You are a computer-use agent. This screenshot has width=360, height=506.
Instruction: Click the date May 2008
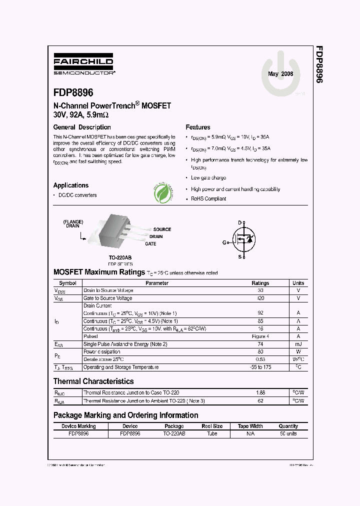280,74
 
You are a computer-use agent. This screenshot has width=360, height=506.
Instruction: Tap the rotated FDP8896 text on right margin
318,64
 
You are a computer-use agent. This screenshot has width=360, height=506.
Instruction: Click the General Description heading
82,127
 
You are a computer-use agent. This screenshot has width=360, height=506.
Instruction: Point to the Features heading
197,127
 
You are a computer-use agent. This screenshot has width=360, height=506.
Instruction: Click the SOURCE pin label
162,229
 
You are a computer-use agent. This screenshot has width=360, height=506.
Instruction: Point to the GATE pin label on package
150,244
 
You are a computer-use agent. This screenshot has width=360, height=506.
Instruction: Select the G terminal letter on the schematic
224,242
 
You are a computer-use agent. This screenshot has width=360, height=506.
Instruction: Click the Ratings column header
260,283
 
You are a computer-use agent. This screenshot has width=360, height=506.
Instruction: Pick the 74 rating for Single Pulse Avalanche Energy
260,344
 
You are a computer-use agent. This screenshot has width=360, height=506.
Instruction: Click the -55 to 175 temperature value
260,367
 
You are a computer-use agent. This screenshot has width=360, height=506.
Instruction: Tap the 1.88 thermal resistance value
260,393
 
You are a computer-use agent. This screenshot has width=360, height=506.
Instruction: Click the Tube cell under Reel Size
212,433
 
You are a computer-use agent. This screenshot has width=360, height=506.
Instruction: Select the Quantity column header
288,426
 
